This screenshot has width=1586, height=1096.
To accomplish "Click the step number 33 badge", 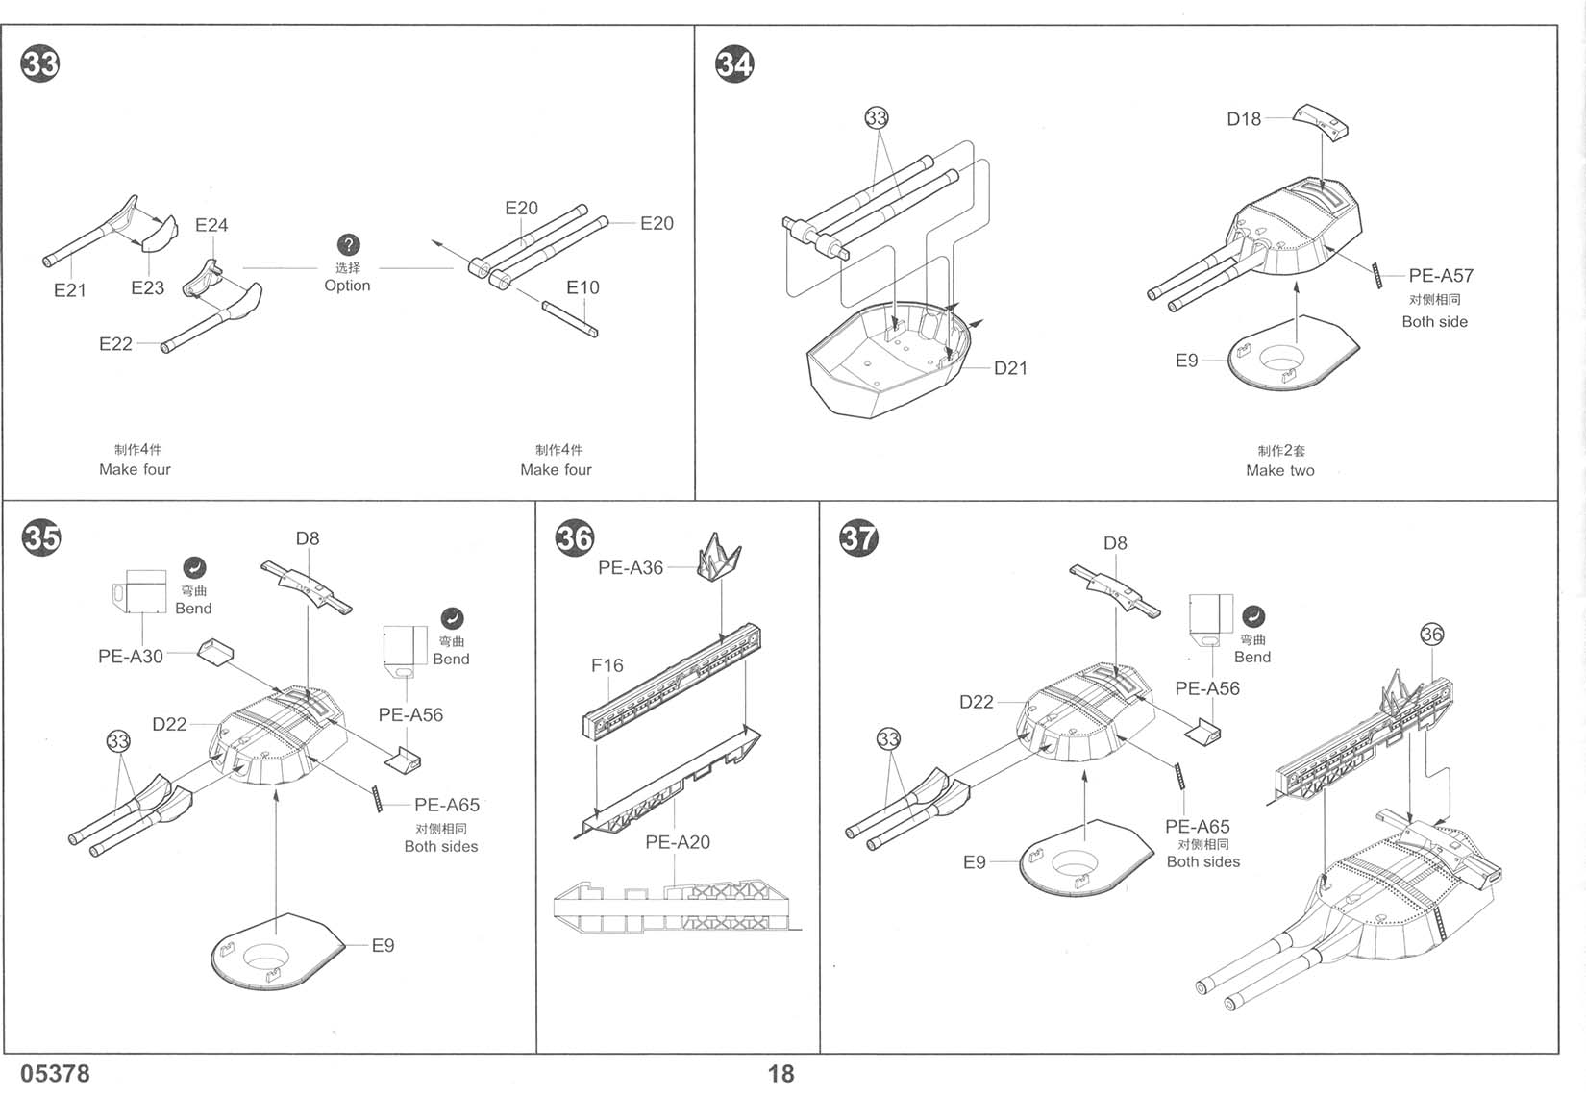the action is click(40, 63).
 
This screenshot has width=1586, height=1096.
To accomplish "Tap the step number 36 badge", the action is click(575, 538).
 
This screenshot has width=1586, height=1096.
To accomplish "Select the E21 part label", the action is click(70, 290).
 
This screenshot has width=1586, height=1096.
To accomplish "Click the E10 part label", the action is click(582, 287).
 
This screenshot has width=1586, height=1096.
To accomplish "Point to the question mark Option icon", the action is click(348, 245).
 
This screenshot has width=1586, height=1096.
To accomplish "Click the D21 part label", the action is click(1010, 368).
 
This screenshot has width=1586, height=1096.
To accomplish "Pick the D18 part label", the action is click(1244, 119).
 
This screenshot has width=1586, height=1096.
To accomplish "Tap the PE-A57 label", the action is click(1441, 275).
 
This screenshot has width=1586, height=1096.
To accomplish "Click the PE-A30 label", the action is click(131, 657).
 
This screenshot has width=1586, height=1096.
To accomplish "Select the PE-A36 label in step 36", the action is click(631, 568).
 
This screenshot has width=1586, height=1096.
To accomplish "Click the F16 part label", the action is click(607, 665).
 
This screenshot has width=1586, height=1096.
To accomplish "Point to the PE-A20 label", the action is click(678, 842).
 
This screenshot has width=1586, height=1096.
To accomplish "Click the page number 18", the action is click(781, 1074).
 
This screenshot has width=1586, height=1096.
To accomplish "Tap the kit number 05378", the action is click(55, 1073).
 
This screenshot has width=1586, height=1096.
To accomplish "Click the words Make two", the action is click(1280, 471).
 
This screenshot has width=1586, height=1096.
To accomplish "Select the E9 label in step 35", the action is click(384, 945).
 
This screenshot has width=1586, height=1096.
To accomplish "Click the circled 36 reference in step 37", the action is click(1431, 634).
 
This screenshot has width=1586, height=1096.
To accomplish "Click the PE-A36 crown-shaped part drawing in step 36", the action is click(719, 558).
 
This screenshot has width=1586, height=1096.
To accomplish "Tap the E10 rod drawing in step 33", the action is click(570, 319).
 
